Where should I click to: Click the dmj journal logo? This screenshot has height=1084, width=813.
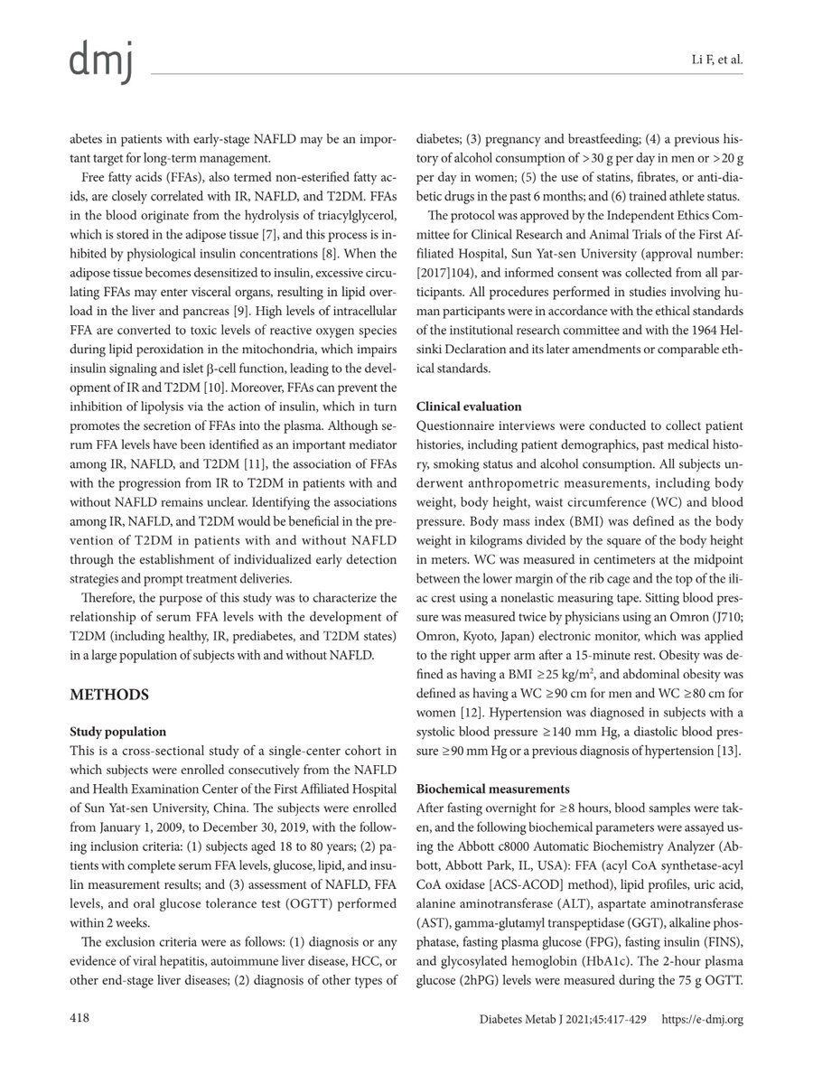pyautogui.click(x=101, y=61)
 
